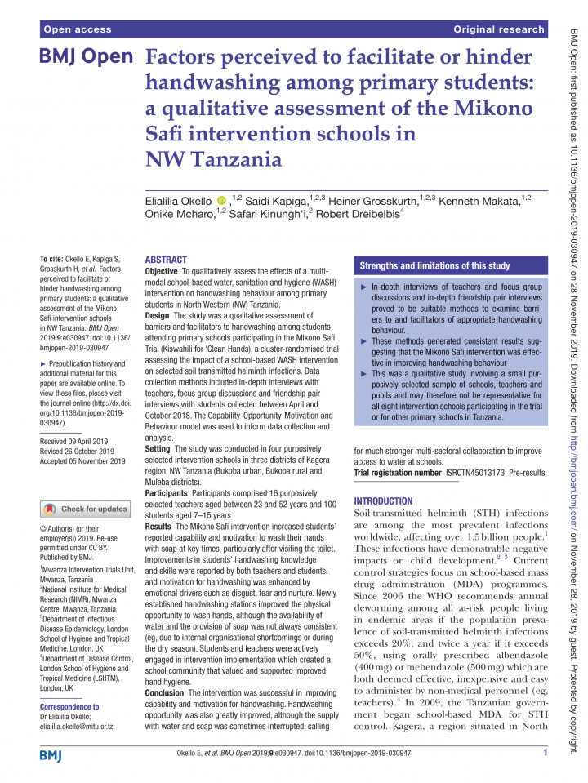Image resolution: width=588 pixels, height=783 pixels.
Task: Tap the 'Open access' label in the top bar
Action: click(x=77, y=29)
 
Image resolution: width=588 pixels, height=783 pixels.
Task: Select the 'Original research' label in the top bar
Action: click(x=499, y=29)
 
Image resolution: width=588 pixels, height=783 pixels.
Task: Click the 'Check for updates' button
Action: click(x=85, y=509)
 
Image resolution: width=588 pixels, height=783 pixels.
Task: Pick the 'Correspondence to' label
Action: click(x=69, y=684)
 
